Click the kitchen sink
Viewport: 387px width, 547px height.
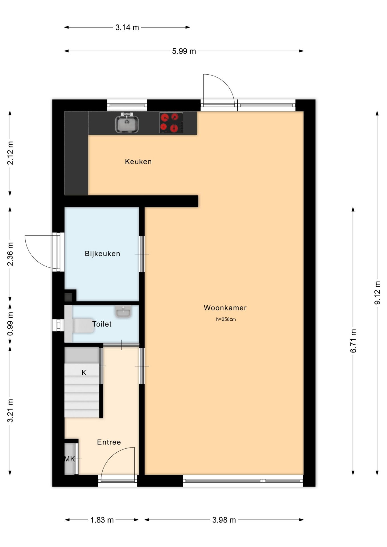(x=127, y=123)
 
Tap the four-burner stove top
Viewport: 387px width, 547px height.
(x=171, y=123)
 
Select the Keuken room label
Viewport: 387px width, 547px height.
(x=138, y=162)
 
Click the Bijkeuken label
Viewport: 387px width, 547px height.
(x=102, y=254)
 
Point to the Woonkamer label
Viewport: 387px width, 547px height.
(x=225, y=308)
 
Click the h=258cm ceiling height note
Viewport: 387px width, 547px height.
(x=226, y=319)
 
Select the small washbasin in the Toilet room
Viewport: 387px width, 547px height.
(x=123, y=311)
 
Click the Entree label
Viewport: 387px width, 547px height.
(x=109, y=442)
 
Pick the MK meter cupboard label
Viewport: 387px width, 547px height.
(x=69, y=459)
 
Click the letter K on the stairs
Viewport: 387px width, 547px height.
(x=84, y=373)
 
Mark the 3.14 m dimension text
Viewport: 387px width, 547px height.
(x=127, y=27)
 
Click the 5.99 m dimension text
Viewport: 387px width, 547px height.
(x=184, y=51)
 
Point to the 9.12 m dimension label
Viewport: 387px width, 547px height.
(x=377, y=293)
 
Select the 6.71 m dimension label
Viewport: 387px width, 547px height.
(x=353, y=341)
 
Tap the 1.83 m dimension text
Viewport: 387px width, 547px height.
(x=102, y=520)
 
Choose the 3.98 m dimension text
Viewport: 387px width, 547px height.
(x=224, y=520)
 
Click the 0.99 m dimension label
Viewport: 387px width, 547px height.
(x=10, y=324)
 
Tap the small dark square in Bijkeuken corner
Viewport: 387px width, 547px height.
(x=68, y=297)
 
